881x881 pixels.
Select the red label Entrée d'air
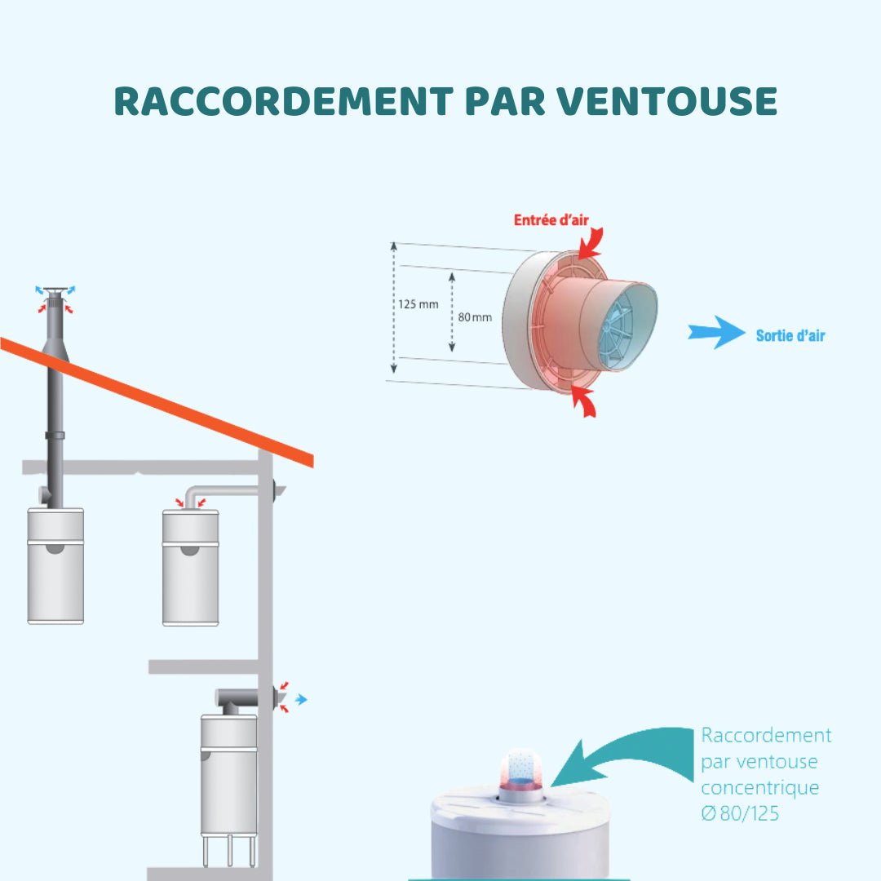(551, 220)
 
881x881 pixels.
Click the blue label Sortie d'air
(790, 335)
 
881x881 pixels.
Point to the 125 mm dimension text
(418, 304)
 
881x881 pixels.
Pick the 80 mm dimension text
(475, 317)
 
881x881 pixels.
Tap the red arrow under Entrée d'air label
(591, 241)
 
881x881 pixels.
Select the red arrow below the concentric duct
(584, 401)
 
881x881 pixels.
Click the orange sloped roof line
(155, 400)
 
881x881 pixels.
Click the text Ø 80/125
(740, 813)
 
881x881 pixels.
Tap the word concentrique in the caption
(759, 788)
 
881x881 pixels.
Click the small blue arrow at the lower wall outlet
(301, 699)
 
